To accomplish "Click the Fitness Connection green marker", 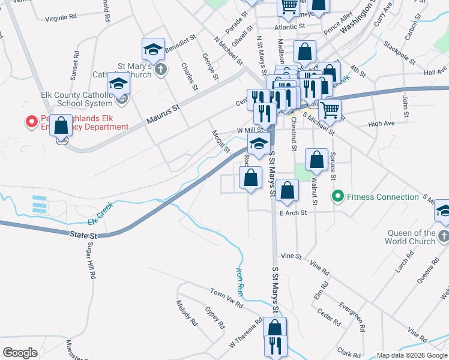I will pyautogui.click(x=337, y=197).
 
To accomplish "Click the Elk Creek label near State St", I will pyautogui.click(x=100, y=214).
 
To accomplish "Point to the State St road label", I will pyautogui.click(x=83, y=235).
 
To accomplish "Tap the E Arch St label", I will pyautogui.click(x=293, y=212).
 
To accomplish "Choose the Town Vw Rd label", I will pyautogui.click(x=226, y=297).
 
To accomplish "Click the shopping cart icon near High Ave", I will pyautogui.click(x=330, y=110).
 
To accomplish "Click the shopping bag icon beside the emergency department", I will pyautogui.click(x=61, y=127).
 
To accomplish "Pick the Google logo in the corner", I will pyautogui.click(x=20, y=353).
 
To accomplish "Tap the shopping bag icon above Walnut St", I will pyautogui.click(x=316, y=160).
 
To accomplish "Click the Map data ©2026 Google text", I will pyautogui.click(x=412, y=355).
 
